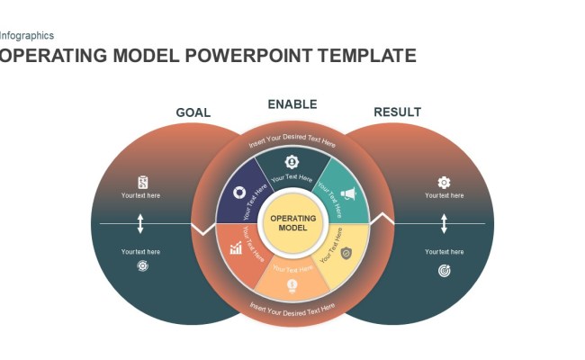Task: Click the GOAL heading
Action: (193, 112)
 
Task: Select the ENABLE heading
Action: (292, 104)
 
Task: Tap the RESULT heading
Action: (397, 112)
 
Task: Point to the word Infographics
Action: (27, 36)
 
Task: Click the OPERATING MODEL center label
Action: (293, 223)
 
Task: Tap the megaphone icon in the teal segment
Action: (348, 193)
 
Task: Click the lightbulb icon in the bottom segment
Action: (292, 286)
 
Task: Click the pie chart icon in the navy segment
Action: (238, 192)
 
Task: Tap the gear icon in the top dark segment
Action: (292, 162)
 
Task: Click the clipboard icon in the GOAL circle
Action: (142, 182)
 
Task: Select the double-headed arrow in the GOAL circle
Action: (140, 223)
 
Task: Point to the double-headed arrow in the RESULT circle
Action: (444, 223)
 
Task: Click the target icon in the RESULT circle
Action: (444, 270)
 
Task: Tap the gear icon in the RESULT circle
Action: (444, 182)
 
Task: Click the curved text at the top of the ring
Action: (292, 141)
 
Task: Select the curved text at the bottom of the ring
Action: (292, 310)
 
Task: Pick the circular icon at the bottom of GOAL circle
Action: (142, 266)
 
